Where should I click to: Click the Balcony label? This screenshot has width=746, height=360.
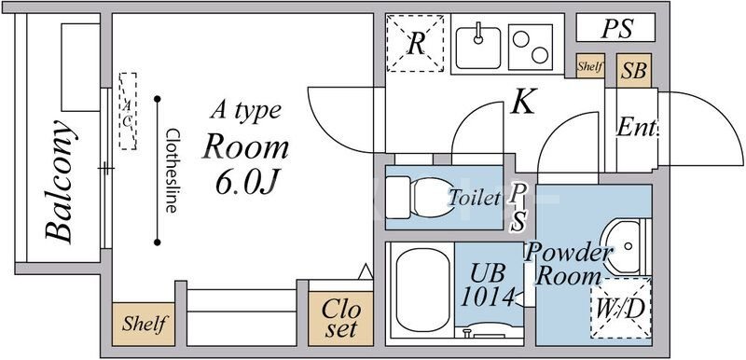(x=61, y=181)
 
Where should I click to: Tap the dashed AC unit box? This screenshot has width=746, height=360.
(x=128, y=111)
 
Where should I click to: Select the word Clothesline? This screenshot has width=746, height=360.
(x=172, y=171)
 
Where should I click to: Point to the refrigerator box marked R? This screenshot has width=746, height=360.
(x=415, y=43)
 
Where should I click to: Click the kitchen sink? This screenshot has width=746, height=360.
(x=478, y=48)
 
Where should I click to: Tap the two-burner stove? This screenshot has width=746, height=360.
(x=531, y=47)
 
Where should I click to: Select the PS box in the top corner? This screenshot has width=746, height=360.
(x=615, y=28)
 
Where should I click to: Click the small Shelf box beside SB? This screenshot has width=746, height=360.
(x=590, y=66)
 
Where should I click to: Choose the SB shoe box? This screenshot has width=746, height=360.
(x=634, y=70)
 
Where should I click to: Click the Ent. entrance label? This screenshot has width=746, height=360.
(x=638, y=128)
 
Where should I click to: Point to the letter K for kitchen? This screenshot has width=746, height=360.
(x=523, y=102)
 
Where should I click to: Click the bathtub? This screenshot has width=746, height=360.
(x=422, y=290)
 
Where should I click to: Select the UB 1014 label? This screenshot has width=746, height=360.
(x=487, y=284)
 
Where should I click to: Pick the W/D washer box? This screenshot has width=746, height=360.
(x=620, y=308)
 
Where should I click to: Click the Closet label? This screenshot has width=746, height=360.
(x=340, y=319)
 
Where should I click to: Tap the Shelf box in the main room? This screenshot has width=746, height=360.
(x=144, y=324)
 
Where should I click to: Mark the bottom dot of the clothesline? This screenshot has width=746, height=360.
(x=157, y=242)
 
